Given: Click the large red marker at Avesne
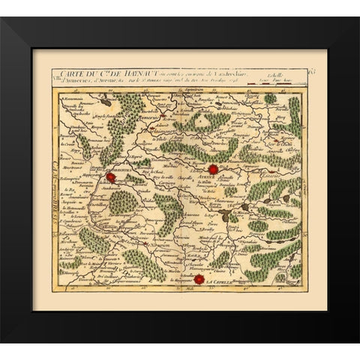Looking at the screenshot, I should pos(214,169).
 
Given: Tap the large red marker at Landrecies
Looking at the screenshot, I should pos(111,177).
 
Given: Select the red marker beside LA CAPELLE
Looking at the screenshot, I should pos(199,279).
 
